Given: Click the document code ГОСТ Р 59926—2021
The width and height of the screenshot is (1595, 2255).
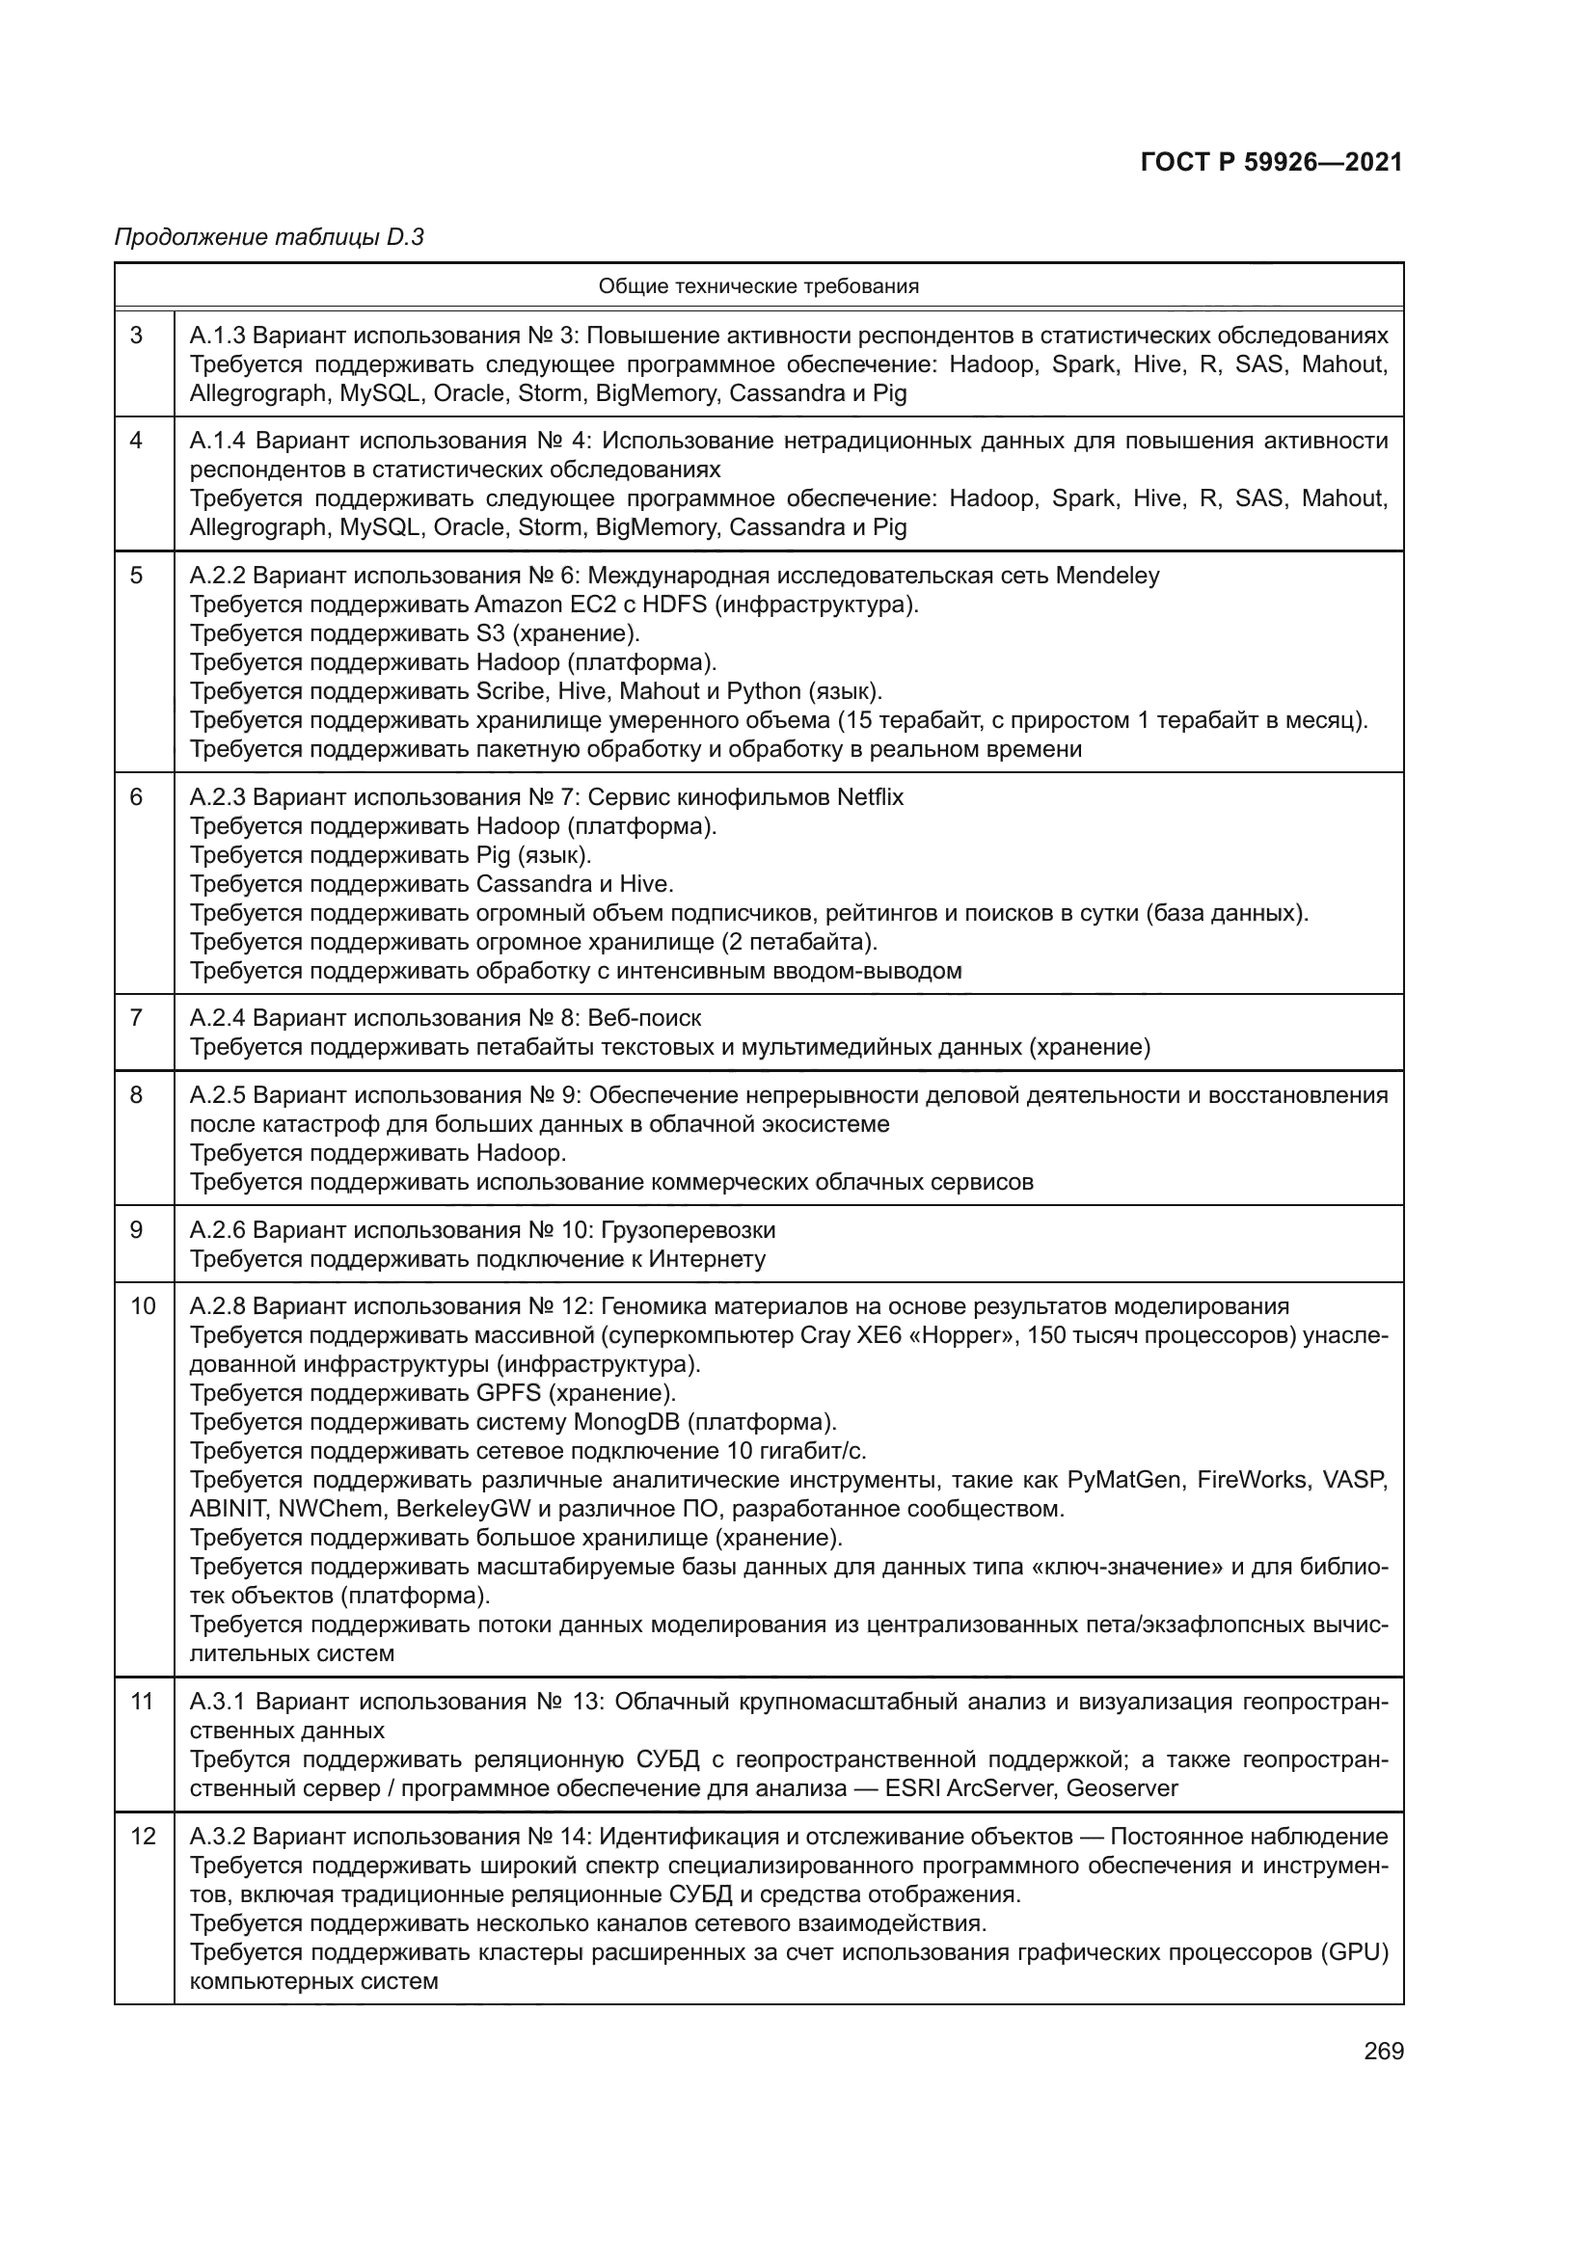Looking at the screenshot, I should [1271, 163].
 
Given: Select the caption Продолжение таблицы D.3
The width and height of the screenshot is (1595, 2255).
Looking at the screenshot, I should [269, 237].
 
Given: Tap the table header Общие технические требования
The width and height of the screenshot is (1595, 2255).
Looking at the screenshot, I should [758, 286].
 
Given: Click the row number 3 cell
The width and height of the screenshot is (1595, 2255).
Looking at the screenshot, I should [137, 336].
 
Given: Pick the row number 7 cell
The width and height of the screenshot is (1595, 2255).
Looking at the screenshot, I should [137, 1017].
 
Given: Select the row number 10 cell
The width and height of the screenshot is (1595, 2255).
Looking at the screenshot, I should [144, 1306].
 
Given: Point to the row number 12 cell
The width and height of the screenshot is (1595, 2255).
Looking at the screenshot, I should [144, 1837].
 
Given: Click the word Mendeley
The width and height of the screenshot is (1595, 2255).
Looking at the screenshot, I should [1107, 576].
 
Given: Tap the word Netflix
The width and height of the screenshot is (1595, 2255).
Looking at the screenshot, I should [870, 796].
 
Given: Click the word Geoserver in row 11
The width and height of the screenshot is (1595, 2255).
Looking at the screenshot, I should [1122, 1788].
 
